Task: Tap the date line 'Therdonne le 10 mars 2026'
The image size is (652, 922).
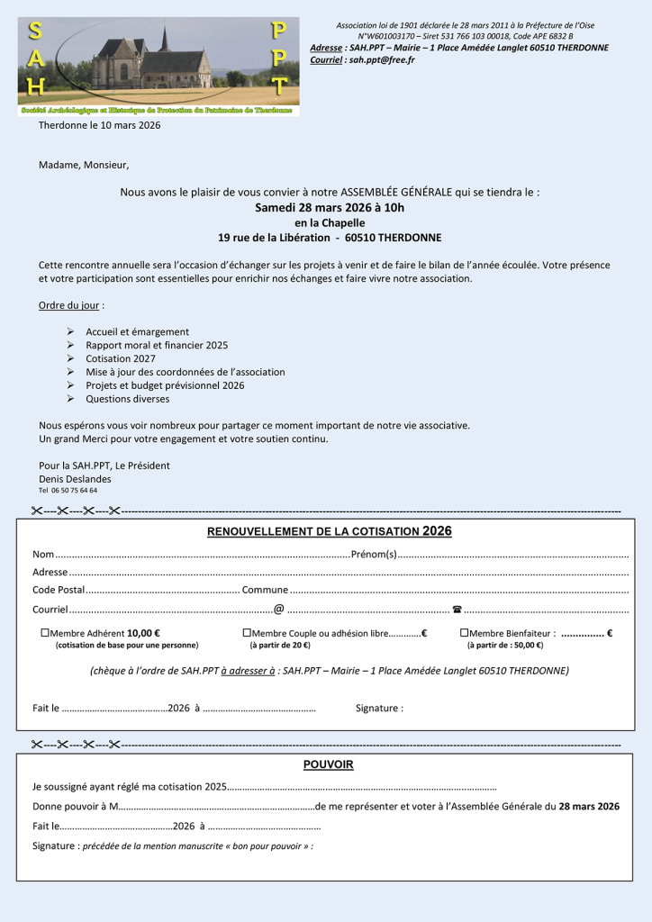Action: click(x=99, y=125)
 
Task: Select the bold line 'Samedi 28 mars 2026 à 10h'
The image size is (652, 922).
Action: click(x=330, y=207)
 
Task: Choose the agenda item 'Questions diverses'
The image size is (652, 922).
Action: click(x=127, y=399)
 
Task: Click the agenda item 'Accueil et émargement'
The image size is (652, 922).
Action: click(x=137, y=331)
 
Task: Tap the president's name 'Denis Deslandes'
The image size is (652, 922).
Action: click(x=75, y=479)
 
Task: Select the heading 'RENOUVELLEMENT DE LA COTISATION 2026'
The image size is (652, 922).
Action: click(x=329, y=532)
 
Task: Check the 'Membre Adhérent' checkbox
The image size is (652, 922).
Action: click(x=45, y=633)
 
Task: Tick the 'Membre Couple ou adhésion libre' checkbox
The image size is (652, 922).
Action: click(x=247, y=633)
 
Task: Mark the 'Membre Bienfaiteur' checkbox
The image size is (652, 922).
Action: click(x=464, y=633)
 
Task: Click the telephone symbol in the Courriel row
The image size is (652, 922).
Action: click(x=457, y=610)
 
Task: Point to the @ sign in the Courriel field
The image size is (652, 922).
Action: click(x=279, y=610)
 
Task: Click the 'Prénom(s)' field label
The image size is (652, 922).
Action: click(x=374, y=554)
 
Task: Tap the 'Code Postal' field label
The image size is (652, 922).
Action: click(x=59, y=590)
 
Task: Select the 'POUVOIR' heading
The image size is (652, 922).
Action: click(x=328, y=765)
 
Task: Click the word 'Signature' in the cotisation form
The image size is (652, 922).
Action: click(x=378, y=708)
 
